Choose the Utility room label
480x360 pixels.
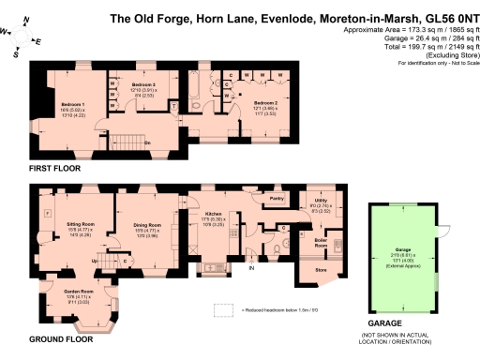click(x=320, y=201)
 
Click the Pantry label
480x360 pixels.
click(x=277, y=199)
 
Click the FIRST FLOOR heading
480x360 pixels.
click(x=54, y=168)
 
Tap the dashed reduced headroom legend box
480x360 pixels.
click(x=222, y=310)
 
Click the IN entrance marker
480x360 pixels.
click(x=250, y=268)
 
